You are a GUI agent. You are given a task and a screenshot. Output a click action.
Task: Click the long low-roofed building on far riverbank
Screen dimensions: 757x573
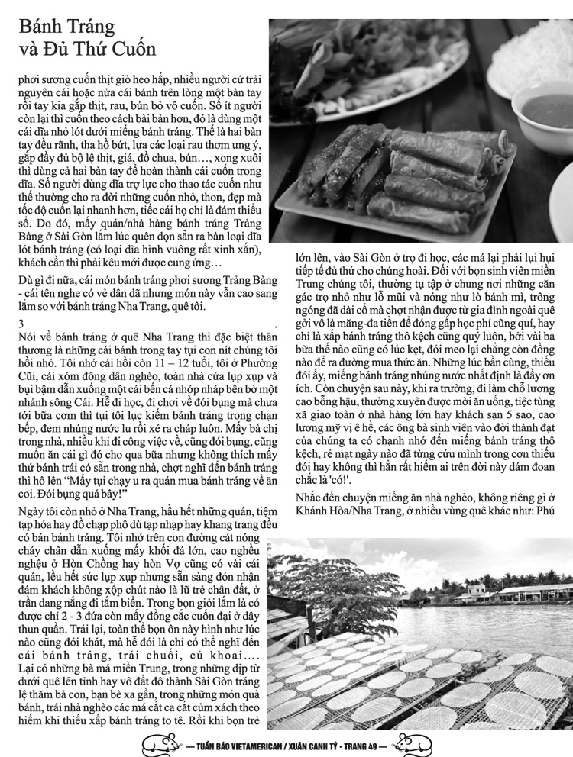(x=535, y=592)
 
